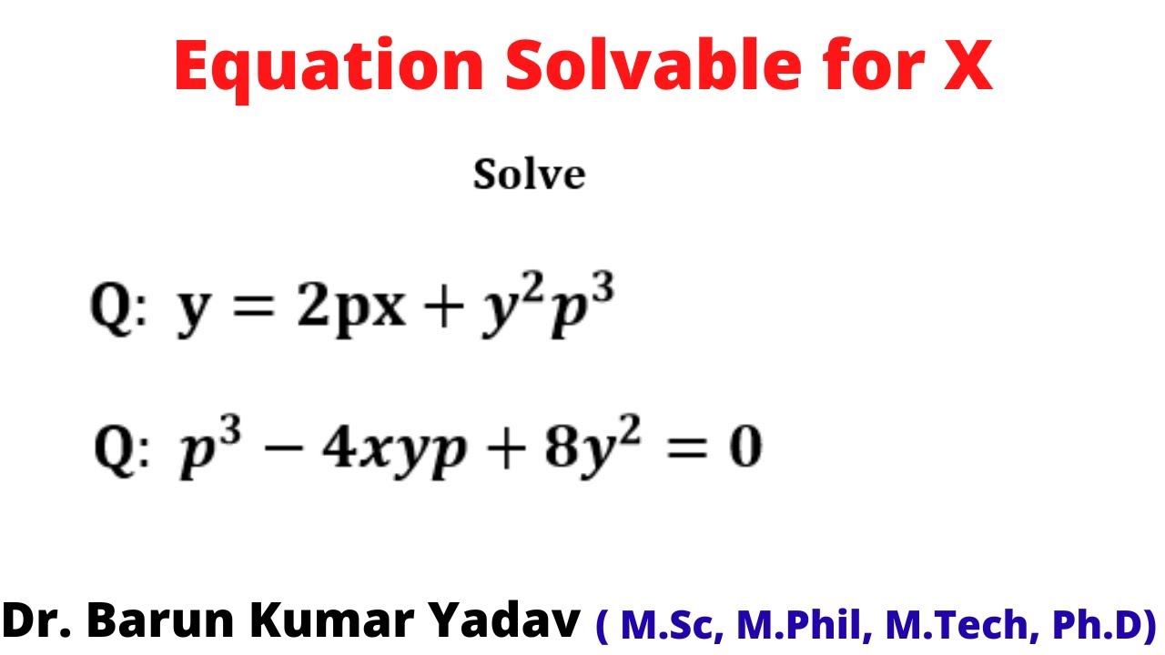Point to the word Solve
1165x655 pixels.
point(529,175)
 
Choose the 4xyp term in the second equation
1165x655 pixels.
point(389,451)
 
